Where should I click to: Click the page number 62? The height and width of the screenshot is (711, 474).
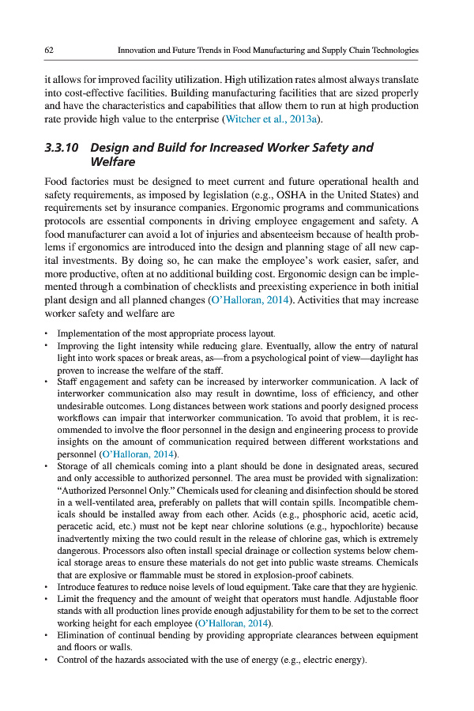point(49,50)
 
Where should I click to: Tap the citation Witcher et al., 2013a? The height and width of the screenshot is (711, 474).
point(274,119)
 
